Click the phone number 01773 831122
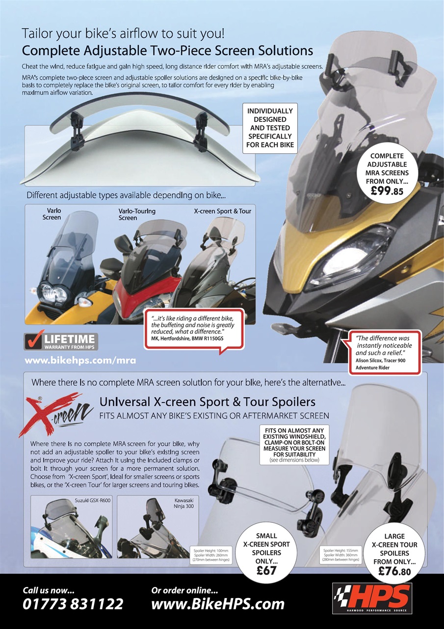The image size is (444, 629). pos(73,603)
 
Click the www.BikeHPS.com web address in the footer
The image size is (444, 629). pos(218,603)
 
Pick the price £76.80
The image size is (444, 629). pos(394,572)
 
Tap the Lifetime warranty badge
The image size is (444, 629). pos(61,341)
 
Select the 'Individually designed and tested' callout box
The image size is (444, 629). pos(270,127)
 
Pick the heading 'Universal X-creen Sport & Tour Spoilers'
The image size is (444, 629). pos(208,401)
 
